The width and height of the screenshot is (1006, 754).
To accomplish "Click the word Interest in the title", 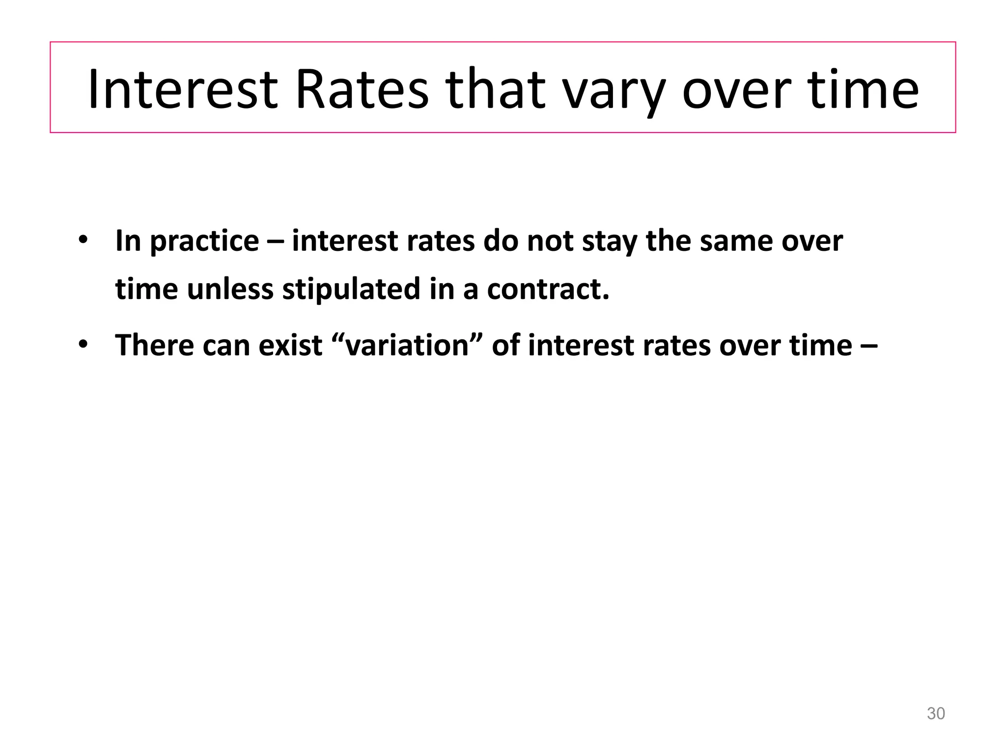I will click(x=183, y=89).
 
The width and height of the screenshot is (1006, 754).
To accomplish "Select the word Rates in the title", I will click(x=362, y=89).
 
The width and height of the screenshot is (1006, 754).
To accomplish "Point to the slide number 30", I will click(x=935, y=714).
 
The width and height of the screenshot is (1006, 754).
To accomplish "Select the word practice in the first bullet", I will click(x=204, y=242).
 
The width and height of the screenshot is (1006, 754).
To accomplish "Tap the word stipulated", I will click(x=351, y=290).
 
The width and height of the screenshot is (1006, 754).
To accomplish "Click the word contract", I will click(x=548, y=290).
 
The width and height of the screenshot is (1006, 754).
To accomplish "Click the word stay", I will click(x=610, y=242).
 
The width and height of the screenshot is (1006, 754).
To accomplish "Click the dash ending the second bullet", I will click(x=868, y=346).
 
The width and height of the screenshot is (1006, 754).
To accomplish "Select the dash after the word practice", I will click(x=275, y=242).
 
